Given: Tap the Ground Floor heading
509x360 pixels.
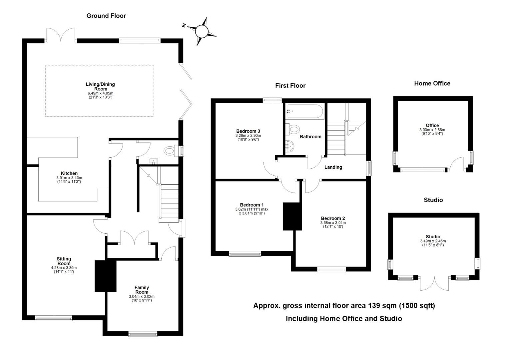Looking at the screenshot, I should pos(106,16).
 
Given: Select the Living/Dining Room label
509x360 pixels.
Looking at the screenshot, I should pos(100,87).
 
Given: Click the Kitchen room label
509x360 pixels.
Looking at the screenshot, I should pos(69,173).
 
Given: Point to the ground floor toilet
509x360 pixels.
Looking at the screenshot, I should pos(169,151).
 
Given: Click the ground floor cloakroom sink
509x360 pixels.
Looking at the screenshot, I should pos(154,161).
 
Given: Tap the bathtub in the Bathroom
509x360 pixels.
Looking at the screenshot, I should pos(304,112).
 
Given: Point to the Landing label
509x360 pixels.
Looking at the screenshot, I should pos(333,167).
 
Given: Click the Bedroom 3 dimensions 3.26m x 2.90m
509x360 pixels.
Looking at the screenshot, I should pos(248,136).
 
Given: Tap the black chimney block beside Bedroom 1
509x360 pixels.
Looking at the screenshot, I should pos(292,216).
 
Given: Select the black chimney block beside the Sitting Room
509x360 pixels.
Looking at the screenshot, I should pos(105,276).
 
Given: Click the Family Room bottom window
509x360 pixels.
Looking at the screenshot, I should pos(143,334).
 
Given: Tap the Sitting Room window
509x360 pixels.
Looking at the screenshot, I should pos(53,318).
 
